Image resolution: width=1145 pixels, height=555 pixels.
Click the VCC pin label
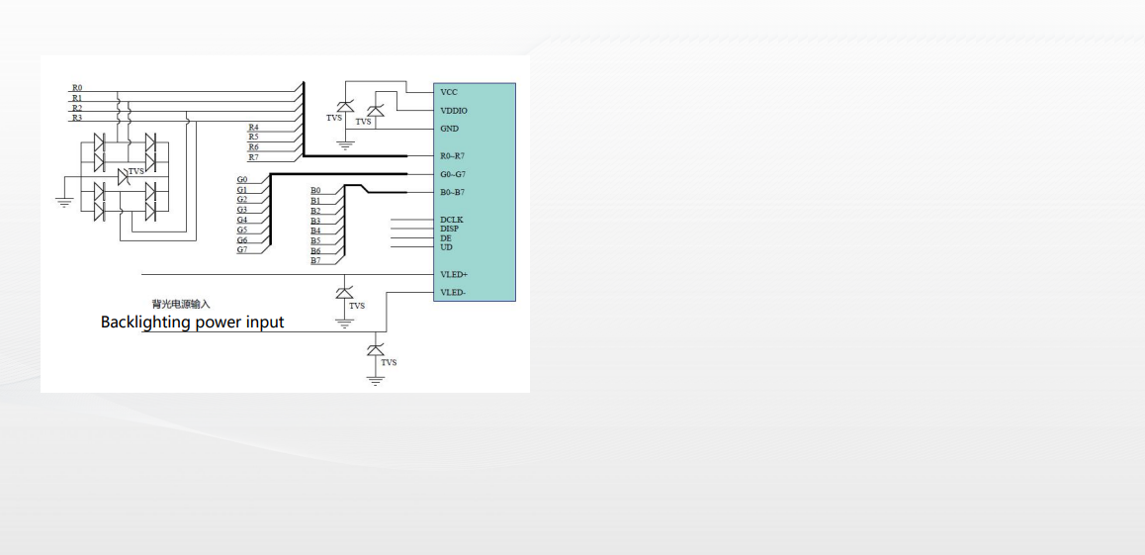point(449,92)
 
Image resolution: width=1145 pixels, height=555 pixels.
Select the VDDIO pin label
point(454,111)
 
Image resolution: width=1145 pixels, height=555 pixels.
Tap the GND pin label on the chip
point(449,129)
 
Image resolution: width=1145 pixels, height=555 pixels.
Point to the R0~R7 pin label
point(453,156)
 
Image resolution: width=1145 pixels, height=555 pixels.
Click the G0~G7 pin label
point(453,174)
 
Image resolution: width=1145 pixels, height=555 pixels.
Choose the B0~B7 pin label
point(453,192)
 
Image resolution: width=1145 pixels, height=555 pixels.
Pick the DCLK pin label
point(452,220)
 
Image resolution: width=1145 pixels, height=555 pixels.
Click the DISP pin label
point(449,229)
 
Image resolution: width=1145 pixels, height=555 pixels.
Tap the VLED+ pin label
point(454,274)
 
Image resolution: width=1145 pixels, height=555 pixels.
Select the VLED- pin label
point(453,293)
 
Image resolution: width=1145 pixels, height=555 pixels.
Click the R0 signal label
point(77,88)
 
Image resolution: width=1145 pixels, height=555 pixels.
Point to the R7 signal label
point(254,157)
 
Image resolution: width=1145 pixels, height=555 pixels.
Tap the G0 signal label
point(242,179)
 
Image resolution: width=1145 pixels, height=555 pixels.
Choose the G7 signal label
point(242,249)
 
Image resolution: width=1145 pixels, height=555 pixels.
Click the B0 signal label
point(315,190)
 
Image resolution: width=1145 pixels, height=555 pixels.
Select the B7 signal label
point(315,260)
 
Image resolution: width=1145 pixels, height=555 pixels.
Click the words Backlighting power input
point(192,323)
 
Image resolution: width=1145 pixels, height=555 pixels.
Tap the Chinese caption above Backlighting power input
point(181,304)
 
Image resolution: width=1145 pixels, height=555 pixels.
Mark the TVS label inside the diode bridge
point(135,172)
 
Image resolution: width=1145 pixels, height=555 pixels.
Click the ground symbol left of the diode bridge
point(63,202)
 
